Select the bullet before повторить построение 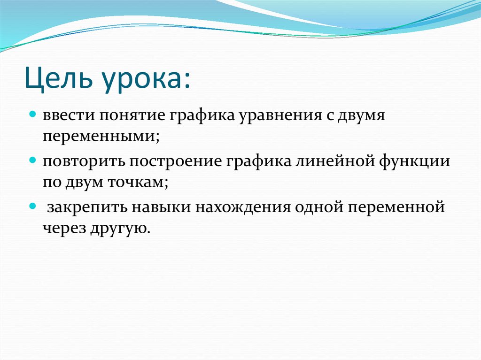coord(32,160)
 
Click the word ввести coord(66,115)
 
